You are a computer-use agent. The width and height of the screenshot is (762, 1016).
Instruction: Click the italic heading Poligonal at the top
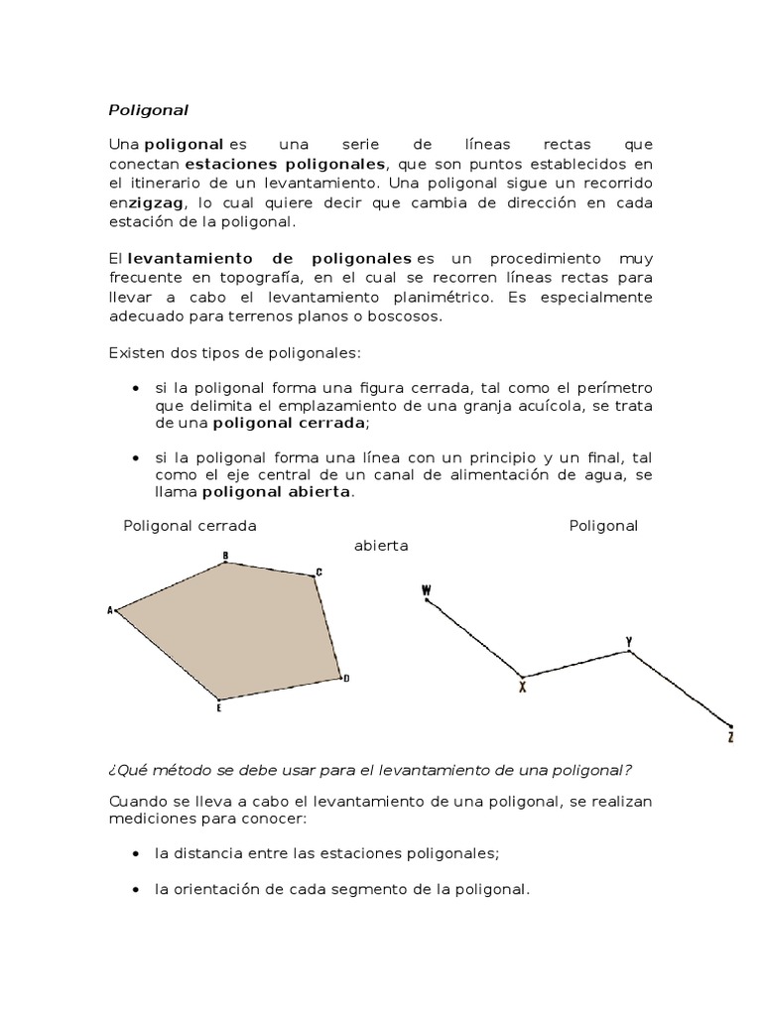tap(148, 110)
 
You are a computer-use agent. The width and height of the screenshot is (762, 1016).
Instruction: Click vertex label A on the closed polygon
tap(109, 610)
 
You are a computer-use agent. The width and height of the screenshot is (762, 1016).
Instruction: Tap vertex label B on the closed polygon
tap(226, 556)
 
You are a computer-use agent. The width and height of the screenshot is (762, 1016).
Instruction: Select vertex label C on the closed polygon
tap(318, 571)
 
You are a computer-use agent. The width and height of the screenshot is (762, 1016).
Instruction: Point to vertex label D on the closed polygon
tap(346, 679)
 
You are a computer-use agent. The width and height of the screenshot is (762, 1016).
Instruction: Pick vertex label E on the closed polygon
tap(219, 707)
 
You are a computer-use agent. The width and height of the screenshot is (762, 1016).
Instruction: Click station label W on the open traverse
tap(426, 590)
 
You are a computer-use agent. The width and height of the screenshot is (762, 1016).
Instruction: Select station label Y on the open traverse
tap(628, 642)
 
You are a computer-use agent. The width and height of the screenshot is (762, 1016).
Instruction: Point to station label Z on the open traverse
tap(730, 737)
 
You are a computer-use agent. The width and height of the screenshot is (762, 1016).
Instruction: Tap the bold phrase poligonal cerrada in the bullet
tap(288, 423)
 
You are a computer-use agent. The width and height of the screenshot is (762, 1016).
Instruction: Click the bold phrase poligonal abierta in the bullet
tap(276, 492)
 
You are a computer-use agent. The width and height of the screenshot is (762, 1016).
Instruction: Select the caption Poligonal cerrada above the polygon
tap(190, 526)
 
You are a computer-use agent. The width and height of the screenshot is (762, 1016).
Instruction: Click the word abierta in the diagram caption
tap(381, 546)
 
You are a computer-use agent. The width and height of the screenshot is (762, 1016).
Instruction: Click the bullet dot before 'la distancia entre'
tap(135, 853)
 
